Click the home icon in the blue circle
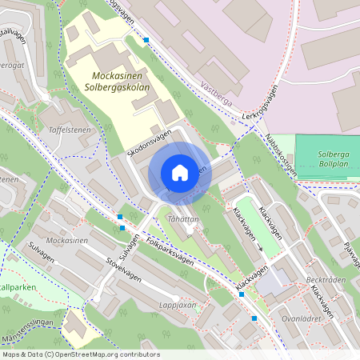coord(180,173)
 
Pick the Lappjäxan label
coord(178,305)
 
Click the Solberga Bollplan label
coord(327,152)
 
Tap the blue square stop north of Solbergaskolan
coord(146,39)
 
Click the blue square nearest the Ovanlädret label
coord(254,318)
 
